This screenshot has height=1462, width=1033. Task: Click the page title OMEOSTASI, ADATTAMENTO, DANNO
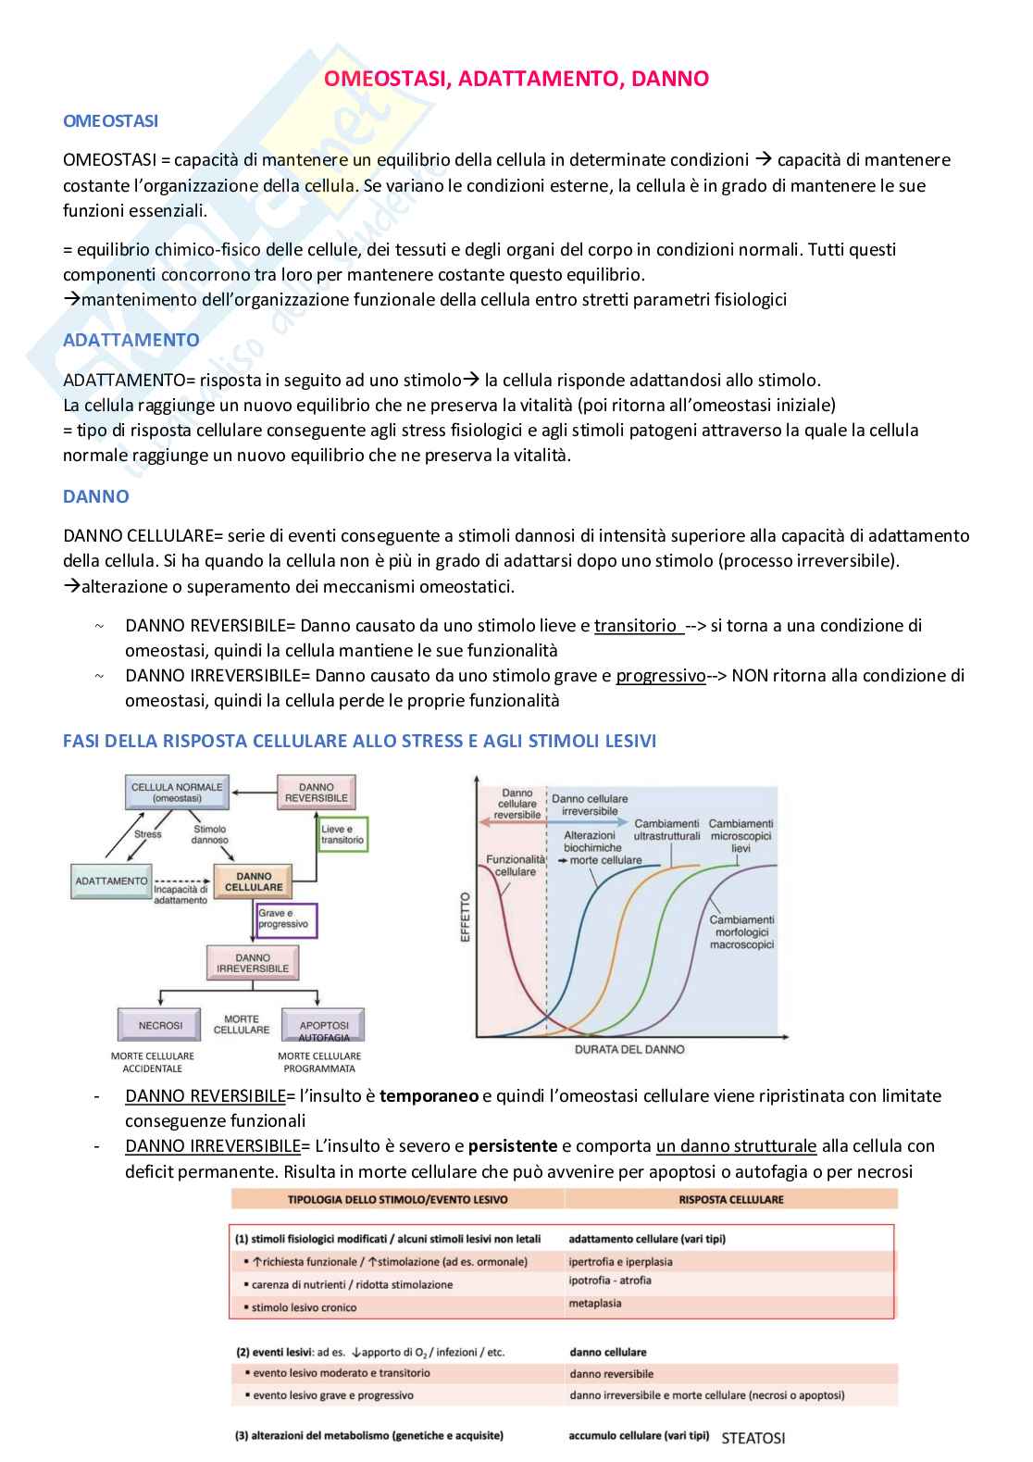click(x=516, y=79)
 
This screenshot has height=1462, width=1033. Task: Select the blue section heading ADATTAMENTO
click(x=131, y=340)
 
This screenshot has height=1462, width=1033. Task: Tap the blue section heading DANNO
click(x=95, y=496)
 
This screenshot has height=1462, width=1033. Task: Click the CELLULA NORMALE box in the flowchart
click(x=177, y=793)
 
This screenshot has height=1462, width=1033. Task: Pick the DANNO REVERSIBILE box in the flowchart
click(x=317, y=793)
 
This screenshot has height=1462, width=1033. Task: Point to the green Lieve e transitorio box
click(x=342, y=834)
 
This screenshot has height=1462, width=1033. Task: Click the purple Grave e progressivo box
click(x=286, y=918)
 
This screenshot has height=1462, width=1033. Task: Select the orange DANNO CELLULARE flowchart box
click(x=254, y=881)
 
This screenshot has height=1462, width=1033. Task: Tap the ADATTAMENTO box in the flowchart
click(x=111, y=881)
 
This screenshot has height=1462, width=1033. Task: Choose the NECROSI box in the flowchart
click(x=160, y=1025)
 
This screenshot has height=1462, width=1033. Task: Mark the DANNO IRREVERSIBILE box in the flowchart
click(x=253, y=963)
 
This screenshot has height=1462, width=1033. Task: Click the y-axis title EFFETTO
click(x=466, y=917)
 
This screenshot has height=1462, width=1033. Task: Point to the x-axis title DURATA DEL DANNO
click(x=629, y=1049)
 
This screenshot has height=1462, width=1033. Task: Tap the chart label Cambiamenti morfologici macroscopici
click(x=741, y=931)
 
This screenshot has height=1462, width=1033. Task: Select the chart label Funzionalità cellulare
click(x=515, y=866)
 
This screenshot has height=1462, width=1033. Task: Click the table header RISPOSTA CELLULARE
click(x=730, y=1199)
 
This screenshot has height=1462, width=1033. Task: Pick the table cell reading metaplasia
click(x=595, y=1304)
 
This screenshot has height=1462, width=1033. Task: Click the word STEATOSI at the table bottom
click(x=753, y=1438)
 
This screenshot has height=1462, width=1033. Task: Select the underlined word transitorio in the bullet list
click(x=636, y=626)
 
